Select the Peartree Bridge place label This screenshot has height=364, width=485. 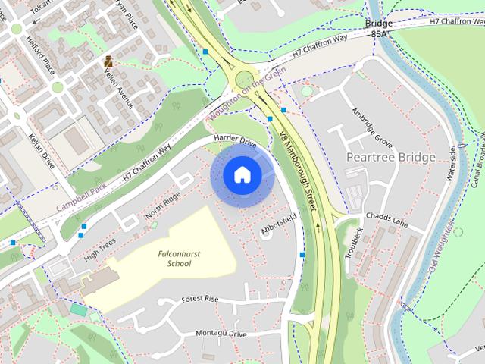pos(390,157)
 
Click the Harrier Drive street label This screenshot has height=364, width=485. pos(236,140)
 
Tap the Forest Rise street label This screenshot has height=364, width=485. pos(200,300)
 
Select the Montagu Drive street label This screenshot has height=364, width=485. pos(221,334)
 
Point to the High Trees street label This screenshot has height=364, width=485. pos(101,248)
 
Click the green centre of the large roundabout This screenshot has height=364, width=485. pos(244,80)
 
